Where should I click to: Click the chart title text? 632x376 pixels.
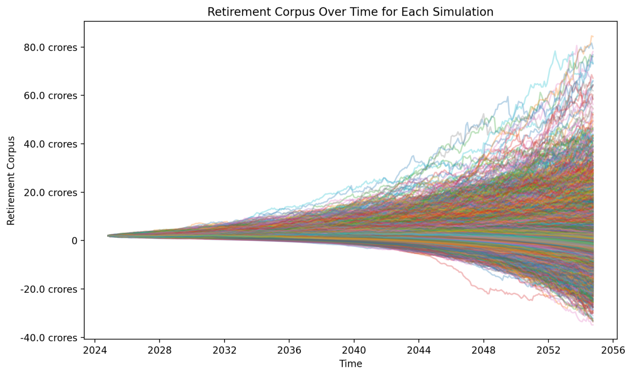click(350, 12)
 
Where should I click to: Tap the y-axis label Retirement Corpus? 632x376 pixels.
click(11, 181)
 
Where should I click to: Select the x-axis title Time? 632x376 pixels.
click(350, 364)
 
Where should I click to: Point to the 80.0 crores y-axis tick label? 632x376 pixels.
click(51, 47)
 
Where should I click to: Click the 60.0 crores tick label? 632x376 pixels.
click(51, 96)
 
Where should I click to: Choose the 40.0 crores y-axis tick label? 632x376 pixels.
click(51, 144)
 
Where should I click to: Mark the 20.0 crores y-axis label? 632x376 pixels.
click(51, 193)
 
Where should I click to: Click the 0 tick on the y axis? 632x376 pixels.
click(74, 241)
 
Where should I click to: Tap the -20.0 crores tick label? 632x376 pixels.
click(49, 289)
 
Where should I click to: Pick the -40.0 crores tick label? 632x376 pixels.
click(49, 338)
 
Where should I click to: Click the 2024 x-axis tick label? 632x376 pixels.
click(95, 350)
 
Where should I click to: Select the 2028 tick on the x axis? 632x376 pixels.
click(159, 350)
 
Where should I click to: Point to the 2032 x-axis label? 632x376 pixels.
click(224, 350)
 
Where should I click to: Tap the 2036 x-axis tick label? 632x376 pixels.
click(289, 350)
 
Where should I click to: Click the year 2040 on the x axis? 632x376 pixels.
click(354, 350)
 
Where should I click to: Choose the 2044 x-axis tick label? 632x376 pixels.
click(419, 350)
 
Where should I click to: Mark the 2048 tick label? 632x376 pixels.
click(484, 350)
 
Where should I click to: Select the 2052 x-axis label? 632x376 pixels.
click(548, 350)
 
